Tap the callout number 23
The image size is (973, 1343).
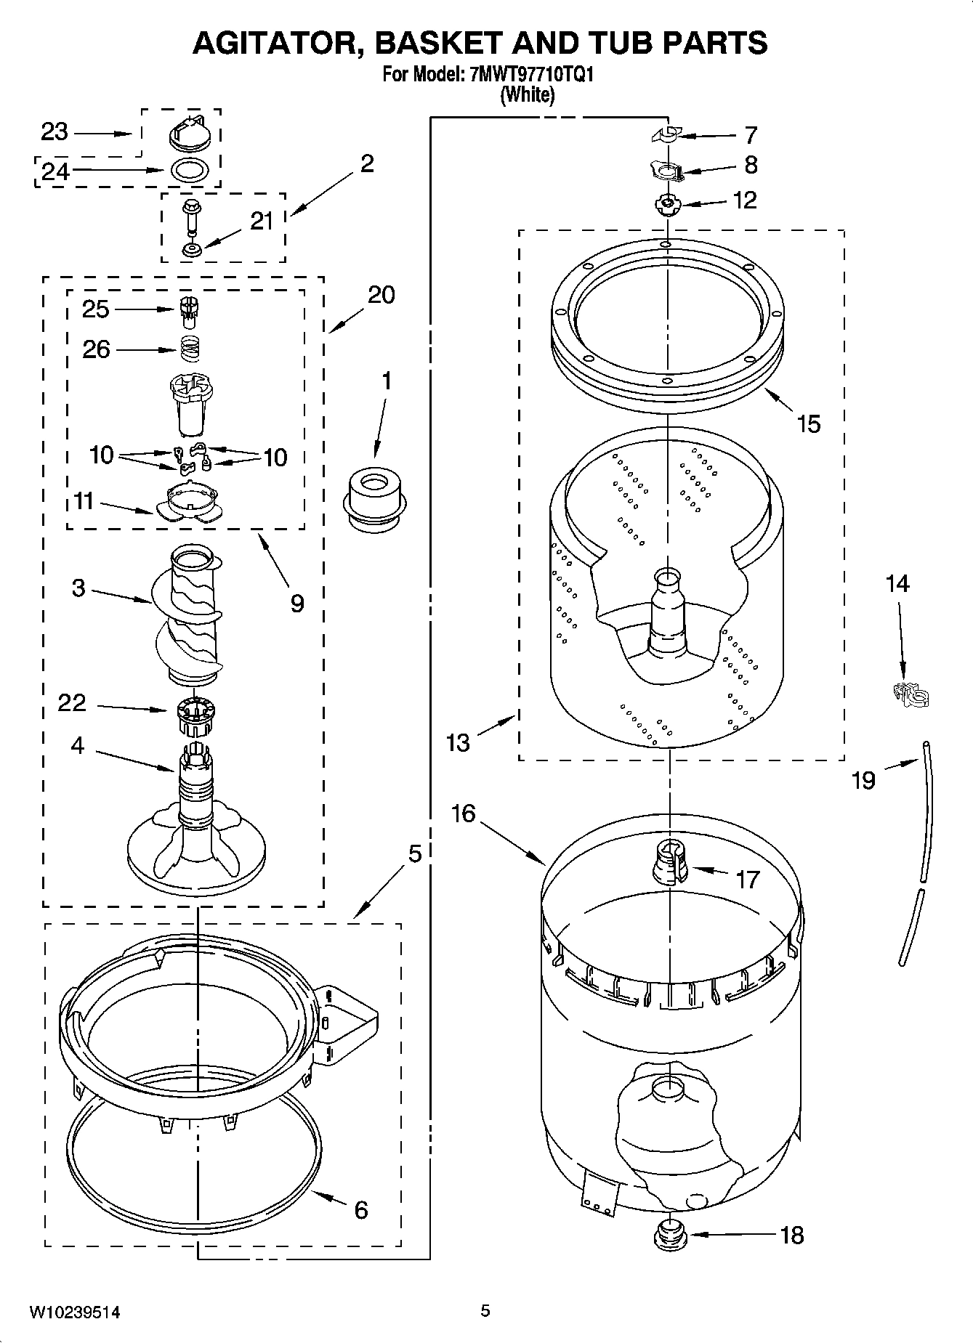(54, 132)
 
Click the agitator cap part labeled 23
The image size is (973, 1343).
(191, 133)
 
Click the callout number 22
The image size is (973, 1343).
(71, 702)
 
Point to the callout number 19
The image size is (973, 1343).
(863, 781)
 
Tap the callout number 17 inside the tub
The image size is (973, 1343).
(746, 880)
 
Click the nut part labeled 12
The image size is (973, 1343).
(666, 205)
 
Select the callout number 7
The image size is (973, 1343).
(751, 135)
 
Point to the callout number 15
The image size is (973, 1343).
(808, 423)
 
